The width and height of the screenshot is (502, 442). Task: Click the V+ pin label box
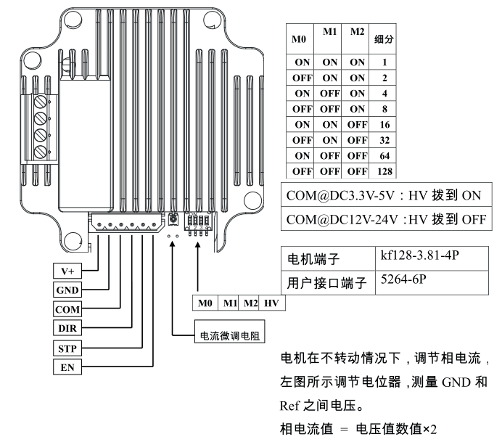click(x=68, y=271)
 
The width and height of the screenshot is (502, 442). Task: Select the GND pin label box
click(x=68, y=290)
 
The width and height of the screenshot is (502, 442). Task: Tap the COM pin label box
click(x=68, y=309)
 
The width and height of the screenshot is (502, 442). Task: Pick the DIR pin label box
click(x=68, y=329)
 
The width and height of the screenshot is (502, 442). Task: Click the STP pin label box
click(x=68, y=348)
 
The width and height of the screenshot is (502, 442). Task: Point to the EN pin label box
click(x=68, y=368)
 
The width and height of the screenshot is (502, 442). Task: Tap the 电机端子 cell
click(x=308, y=258)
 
